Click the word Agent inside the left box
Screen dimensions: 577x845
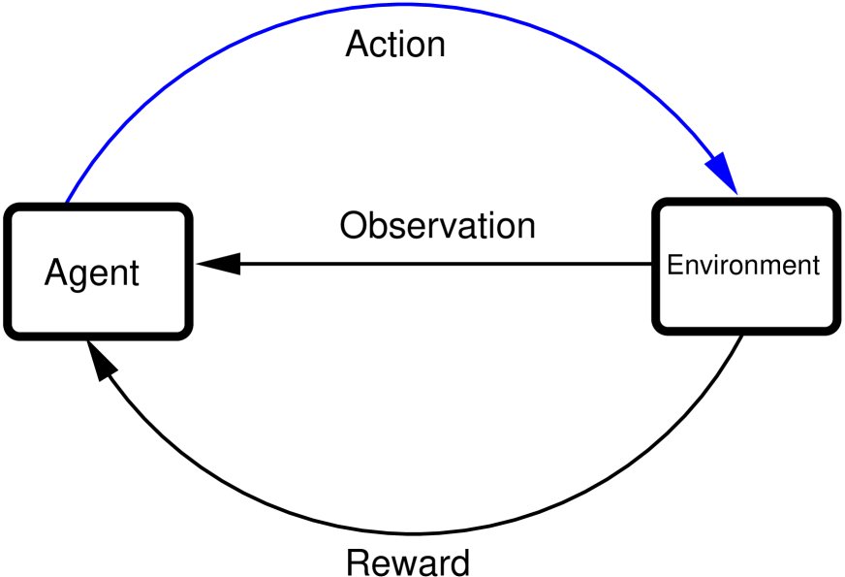click(x=92, y=273)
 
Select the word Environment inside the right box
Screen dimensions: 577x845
click(x=743, y=265)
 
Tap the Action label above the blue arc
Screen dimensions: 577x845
click(x=395, y=45)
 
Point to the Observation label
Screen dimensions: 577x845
click(x=437, y=226)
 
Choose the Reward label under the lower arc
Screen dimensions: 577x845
click(x=408, y=561)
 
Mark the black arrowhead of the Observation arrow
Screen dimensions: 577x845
click(x=217, y=263)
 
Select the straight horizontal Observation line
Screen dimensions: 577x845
click(x=436, y=263)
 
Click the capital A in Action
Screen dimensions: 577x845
click(x=358, y=45)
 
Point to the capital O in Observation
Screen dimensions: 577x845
click(x=355, y=226)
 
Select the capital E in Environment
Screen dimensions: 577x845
click(x=675, y=265)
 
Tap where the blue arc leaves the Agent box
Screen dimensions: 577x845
click(x=67, y=203)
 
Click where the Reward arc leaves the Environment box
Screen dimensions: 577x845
click(x=741, y=335)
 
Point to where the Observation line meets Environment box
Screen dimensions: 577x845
click(x=652, y=263)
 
